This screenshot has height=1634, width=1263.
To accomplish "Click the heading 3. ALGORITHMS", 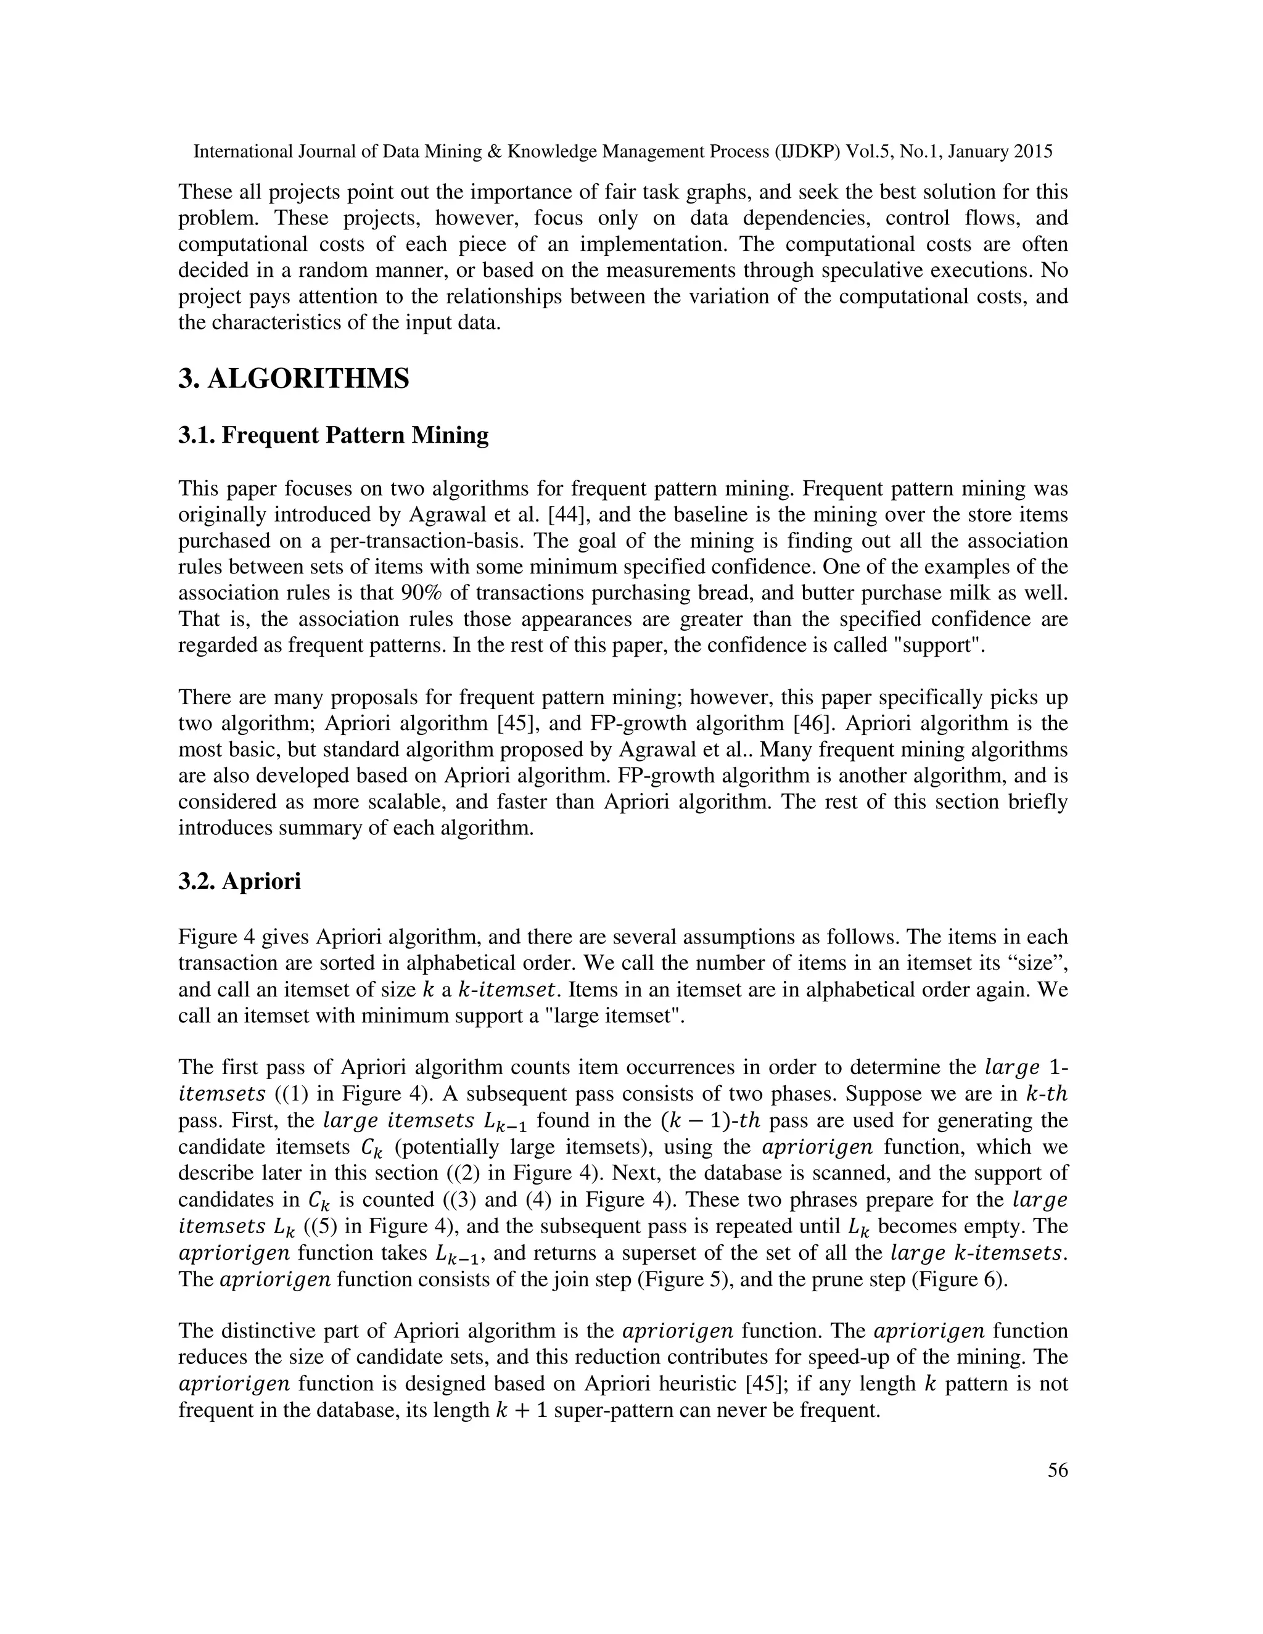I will point(294,379).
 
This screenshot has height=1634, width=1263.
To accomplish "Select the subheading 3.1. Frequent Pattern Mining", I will point(333,435).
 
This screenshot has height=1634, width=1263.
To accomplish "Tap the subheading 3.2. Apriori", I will point(239,881).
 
